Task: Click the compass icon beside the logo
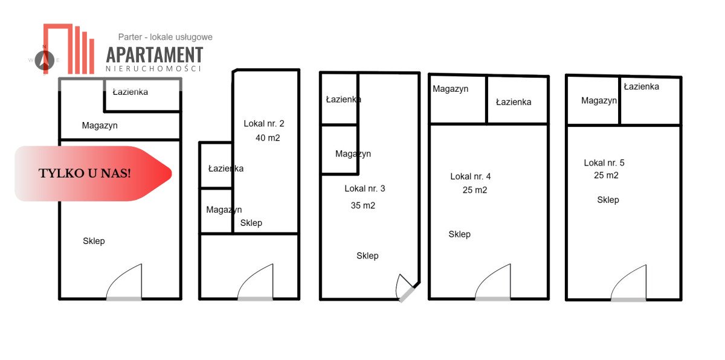(43, 59)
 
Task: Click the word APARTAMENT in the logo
(155, 54)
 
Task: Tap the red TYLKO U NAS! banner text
(85, 173)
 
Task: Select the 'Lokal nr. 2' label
(264, 124)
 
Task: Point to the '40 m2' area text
(268, 138)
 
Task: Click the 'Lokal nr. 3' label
(365, 188)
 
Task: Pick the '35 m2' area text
(363, 205)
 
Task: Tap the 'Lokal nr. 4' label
(471, 176)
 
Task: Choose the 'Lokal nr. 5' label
(604, 162)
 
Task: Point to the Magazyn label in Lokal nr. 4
(451, 89)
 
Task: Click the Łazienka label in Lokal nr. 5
(642, 86)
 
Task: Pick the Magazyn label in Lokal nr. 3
(353, 153)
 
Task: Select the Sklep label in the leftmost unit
(94, 241)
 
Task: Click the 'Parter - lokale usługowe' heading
(166, 37)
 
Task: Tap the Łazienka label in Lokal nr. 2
(226, 169)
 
